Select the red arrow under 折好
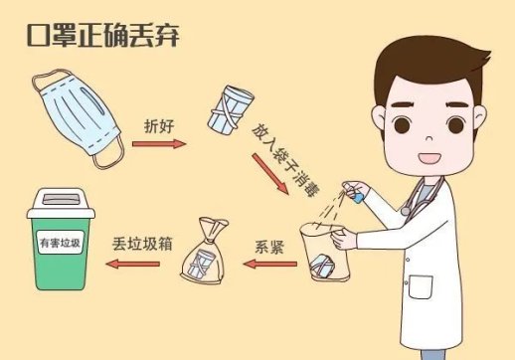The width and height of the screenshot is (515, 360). [x=158, y=144]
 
